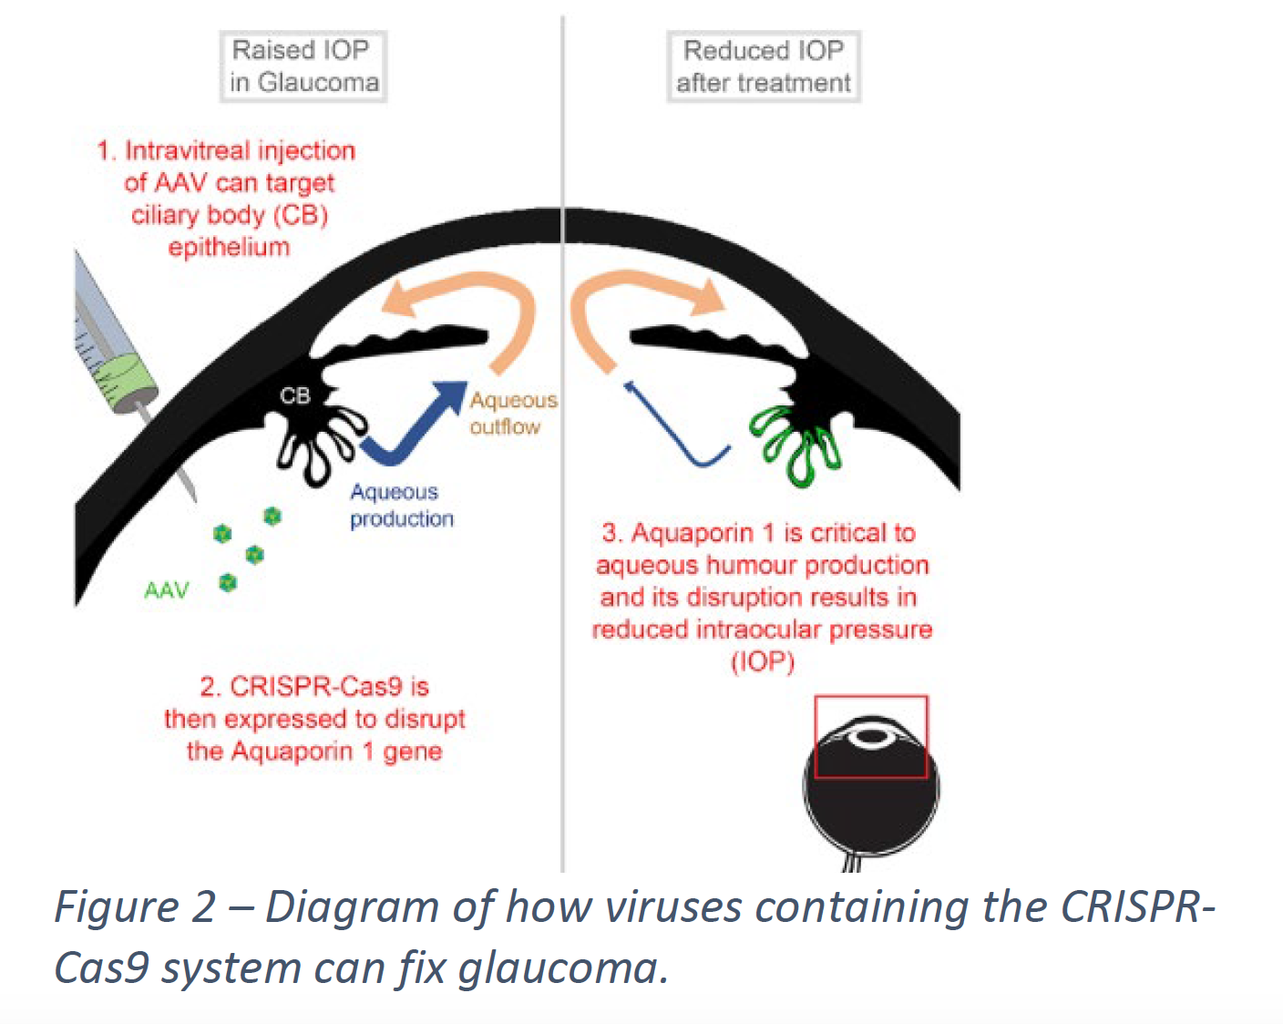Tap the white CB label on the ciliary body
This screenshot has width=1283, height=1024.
[295, 395]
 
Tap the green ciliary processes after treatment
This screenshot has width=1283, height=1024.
[793, 444]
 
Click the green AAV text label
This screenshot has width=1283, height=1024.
[167, 590]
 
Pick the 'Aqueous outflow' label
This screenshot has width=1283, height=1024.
[514, 413]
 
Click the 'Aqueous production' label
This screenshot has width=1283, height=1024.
[402, 506]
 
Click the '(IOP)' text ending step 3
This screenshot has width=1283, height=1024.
[763, 661]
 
